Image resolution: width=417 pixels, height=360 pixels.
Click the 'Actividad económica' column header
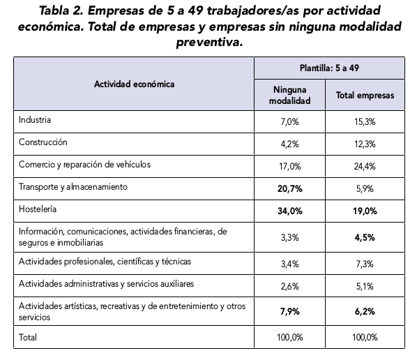[135, 84]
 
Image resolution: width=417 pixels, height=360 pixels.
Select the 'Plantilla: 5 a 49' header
[329, 68]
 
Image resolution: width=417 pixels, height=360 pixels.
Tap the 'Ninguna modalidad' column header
[289, 96]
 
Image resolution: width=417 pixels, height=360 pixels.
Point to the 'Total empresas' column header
[365, 96]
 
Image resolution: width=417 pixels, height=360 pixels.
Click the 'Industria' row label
[35, 120]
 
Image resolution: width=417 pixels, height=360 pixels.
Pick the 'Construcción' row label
[43, 142]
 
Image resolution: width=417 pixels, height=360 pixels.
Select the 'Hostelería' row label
[38, 209]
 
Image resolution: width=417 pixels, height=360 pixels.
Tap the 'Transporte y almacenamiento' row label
[73, 187]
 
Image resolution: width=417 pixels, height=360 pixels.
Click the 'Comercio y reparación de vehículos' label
[84, 165]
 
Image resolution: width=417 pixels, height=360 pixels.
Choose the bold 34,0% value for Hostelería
[290, 211]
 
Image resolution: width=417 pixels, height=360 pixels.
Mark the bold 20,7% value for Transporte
[290, 189]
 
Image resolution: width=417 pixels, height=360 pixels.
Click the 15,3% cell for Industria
[365, 122]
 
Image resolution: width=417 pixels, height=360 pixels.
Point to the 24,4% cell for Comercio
[365, 167]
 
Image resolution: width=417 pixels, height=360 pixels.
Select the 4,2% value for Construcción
[290, 144]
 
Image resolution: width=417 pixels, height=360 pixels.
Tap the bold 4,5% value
[365, 238]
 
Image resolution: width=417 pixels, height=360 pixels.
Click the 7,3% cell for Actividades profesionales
[365, 264]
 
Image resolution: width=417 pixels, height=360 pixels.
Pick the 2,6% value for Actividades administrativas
[290, 287]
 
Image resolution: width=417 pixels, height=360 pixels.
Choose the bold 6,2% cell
[365, 312]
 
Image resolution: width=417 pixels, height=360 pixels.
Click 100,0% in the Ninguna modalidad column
[290, 338]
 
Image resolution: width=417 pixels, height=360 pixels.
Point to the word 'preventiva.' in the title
[210, 43]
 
